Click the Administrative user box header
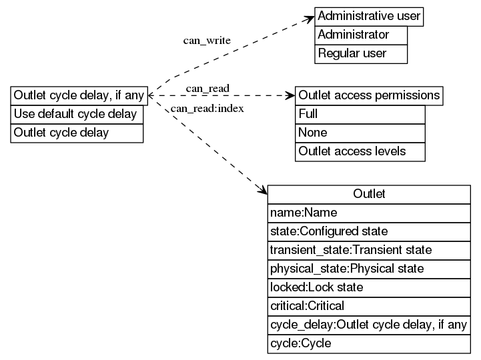click(x=370, y=16)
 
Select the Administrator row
click(x=361, y=35)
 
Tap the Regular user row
click(x=361, y=53)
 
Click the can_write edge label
click(x=207, y=41)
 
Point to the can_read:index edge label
click(x=207, y=109)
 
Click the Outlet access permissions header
click(x=369, y=95)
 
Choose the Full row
click(x=360, y=114)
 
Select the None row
click(x=360, y=133)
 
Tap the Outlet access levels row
click(x=360, y=151)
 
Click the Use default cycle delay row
click(x=77, y=114)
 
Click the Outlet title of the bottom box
click(x=369, y=194)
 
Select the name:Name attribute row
click(x=369, y=213)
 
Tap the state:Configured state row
click(x=369, y=231)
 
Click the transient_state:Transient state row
click(x=369, y=250)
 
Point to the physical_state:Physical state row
click(x=369, y=269)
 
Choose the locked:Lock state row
click(x=369, y=287)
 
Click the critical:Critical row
click(x=369, y=306)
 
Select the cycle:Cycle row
click(x=369, y=344)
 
